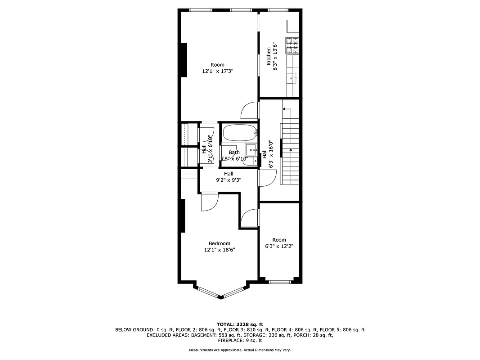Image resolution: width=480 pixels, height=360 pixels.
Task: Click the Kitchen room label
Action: pos(269,56)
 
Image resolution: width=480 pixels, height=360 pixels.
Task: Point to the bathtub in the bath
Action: pos(239,133)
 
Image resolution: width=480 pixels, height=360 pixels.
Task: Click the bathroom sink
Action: pos(251,149)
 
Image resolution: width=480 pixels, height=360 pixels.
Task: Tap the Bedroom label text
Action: pos(219,243)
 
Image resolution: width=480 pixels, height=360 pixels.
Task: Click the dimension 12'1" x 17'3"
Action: pos(217,71)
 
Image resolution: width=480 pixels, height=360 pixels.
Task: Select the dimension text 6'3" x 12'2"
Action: pos(279,246)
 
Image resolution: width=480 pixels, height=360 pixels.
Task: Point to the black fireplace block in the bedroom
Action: pos(182,216)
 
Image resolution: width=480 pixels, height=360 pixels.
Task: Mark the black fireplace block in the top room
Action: pos(184,60)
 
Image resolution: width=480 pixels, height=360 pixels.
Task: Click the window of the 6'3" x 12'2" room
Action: pos(279,282)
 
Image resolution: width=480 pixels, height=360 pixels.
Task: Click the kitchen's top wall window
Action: pos(278,10)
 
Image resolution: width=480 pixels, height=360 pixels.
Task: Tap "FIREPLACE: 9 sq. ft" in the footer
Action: pos(240,341)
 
